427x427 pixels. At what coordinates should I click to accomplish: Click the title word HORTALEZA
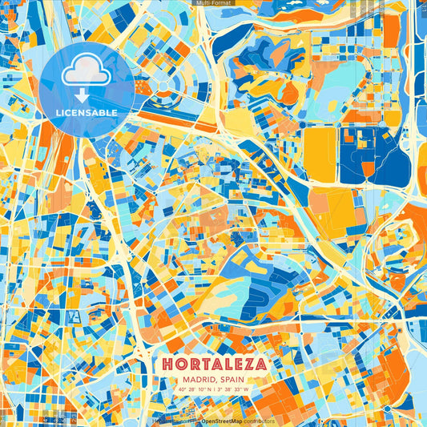[213, 364]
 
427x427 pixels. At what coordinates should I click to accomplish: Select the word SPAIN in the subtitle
[230, 380]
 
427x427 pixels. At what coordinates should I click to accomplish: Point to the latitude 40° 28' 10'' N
[194, 390]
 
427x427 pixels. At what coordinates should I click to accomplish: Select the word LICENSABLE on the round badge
[87, 113]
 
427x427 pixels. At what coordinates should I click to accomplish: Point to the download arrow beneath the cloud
[87, 95]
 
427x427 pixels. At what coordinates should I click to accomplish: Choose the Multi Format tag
[213, 3]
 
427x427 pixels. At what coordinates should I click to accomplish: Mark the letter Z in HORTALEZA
[248, 364]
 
